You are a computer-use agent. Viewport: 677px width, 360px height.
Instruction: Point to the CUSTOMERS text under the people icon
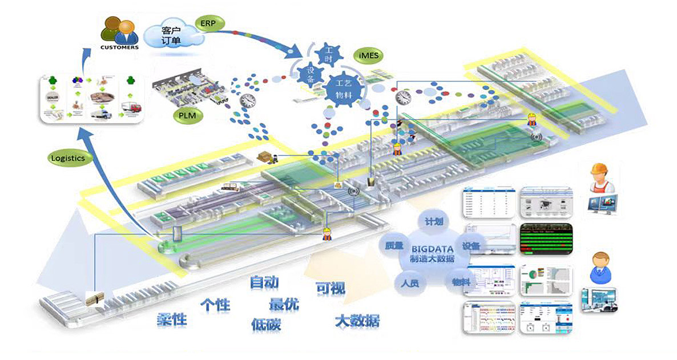point(119,47)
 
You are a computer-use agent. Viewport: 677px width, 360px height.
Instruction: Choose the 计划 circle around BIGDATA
point(433,221)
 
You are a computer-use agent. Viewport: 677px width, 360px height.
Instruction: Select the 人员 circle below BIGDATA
point(407,281)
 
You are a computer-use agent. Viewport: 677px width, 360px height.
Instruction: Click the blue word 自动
point(264,282)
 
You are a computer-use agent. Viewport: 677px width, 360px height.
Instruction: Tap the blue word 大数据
point(356,320)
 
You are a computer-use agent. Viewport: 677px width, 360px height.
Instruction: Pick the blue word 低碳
point(266,324)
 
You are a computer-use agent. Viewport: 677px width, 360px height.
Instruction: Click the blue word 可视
point(331,289)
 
